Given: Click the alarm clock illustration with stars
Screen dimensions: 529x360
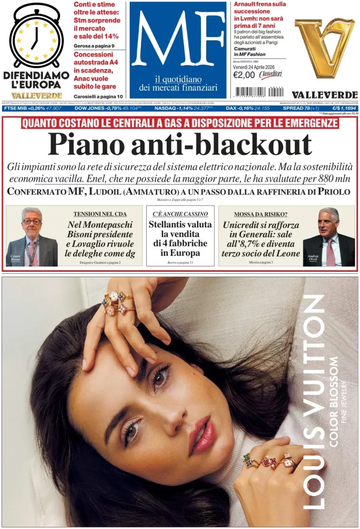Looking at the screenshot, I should click(x=36, y=36).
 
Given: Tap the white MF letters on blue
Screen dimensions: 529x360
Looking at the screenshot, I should click(x=177, y=39).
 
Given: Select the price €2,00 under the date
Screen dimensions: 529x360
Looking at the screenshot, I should click(x=244, y=75).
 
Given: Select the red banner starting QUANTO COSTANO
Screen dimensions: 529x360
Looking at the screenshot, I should click(x=180, y=123).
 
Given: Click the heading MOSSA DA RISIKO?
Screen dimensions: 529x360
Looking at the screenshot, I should click(x=260, y=214).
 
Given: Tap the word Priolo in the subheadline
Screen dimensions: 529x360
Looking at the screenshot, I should click(x=331, y=192).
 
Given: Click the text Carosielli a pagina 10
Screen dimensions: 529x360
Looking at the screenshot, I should click(x=98, y=97).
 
